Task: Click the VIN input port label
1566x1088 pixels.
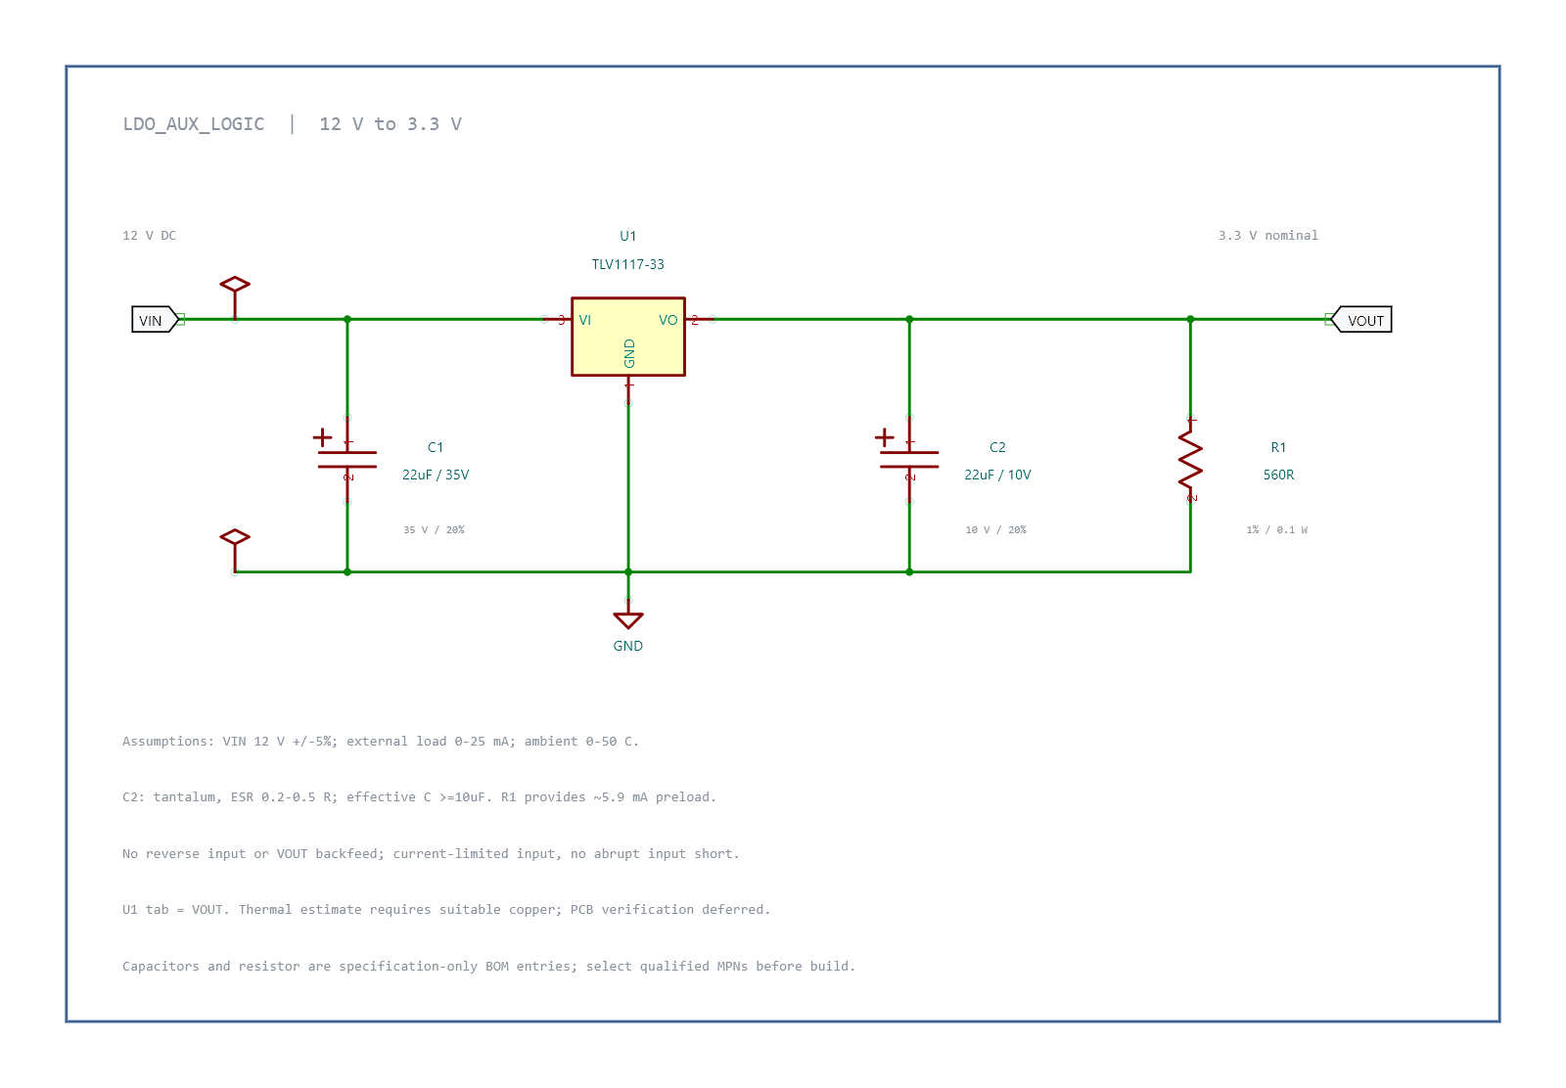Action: [155, 320]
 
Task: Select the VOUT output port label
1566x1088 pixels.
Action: [1361, 320]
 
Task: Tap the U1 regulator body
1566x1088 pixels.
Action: [627, 337]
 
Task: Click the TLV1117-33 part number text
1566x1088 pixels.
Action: [627, 264]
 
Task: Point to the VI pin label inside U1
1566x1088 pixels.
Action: [585, 320]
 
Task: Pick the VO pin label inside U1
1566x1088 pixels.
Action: [668, 320]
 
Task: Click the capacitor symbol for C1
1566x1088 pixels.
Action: [346, 459]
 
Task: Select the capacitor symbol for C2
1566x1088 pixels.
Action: [909, 459]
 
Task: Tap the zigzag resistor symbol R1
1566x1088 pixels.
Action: [1190, 459]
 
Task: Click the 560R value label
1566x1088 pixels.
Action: [1278, 476]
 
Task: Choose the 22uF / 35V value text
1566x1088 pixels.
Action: [436, 476]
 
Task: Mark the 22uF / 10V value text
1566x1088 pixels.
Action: [997, 476]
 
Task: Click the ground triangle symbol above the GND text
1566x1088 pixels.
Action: [627, 619]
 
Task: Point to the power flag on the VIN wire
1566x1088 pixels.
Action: [235, 297]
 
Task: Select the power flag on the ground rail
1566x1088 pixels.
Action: [235, 550]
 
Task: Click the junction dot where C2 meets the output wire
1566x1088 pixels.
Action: [909, 319]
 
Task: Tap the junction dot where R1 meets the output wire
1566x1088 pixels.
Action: [1190, 319]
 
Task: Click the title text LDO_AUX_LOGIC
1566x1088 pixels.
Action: [194, 124]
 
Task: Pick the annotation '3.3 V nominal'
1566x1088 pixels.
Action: [1268, 236]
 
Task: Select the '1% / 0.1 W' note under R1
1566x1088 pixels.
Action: [1276, 529]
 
